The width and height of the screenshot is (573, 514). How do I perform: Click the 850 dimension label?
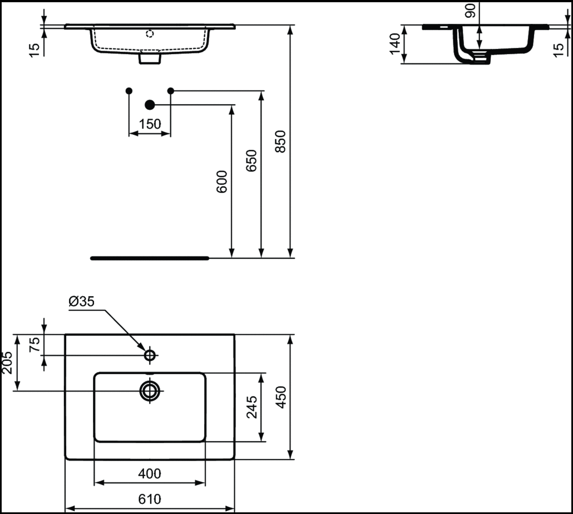280,141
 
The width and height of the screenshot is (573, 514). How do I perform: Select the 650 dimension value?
251,160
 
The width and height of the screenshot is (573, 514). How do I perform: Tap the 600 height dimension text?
222,182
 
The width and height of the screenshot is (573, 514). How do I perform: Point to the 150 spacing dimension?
150,124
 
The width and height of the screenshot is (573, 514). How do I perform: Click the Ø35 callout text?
81,301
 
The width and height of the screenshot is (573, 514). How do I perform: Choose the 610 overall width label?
150,499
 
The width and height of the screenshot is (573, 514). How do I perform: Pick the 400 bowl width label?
150,474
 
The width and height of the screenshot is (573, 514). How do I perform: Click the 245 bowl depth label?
252,407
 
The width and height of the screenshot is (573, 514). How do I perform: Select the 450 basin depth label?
281,397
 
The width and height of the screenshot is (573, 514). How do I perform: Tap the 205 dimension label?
7,363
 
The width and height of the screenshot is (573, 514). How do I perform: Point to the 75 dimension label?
34,344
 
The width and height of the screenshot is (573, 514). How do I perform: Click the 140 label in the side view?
396,44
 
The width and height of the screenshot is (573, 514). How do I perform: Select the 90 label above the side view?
471,11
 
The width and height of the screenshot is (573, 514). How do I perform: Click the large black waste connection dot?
150,105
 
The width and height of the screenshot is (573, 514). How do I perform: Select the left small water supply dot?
129,91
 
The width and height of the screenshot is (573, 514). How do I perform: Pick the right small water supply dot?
171,90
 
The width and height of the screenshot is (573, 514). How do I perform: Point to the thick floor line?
150,258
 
